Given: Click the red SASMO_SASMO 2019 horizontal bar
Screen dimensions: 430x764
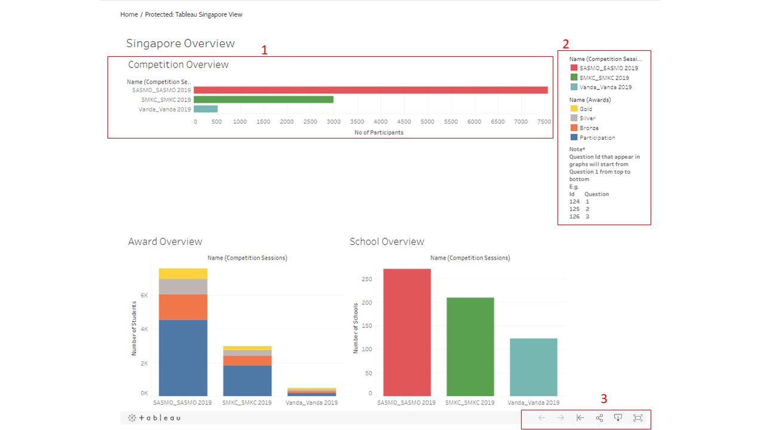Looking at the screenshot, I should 370,90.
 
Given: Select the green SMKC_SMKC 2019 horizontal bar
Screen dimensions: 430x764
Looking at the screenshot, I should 263,100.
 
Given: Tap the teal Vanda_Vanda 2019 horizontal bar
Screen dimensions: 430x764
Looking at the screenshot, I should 206,109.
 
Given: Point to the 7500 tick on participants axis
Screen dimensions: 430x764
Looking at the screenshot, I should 544,122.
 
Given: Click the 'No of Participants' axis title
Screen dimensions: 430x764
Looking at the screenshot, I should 379,133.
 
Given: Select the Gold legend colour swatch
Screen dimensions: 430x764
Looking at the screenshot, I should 574,109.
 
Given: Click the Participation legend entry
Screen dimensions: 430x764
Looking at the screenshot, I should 597,137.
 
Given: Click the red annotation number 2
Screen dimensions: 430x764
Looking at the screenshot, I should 565,44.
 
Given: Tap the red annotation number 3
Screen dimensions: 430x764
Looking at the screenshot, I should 603,398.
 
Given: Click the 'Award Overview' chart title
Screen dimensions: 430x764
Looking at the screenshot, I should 165,242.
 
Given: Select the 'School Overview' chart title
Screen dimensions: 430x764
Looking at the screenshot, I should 387,242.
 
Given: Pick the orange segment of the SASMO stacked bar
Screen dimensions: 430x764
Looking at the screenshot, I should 183,307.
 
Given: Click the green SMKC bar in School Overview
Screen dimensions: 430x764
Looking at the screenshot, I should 470,346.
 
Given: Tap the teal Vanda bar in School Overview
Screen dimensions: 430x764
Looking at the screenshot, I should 533,367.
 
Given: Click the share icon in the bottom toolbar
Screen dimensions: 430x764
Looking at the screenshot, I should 599,418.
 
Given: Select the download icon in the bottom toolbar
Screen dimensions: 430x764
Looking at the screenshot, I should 618,418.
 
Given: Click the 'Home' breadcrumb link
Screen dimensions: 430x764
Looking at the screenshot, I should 129,14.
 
